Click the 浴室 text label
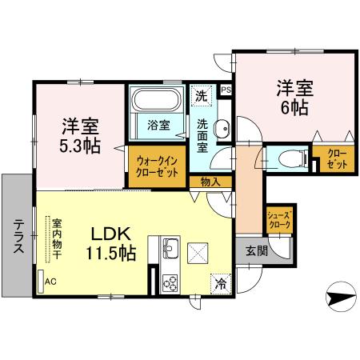tap(158, 124)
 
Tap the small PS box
tap(226, 90)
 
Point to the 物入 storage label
tap(210, 182)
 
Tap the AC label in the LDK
tap(50, 281)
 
